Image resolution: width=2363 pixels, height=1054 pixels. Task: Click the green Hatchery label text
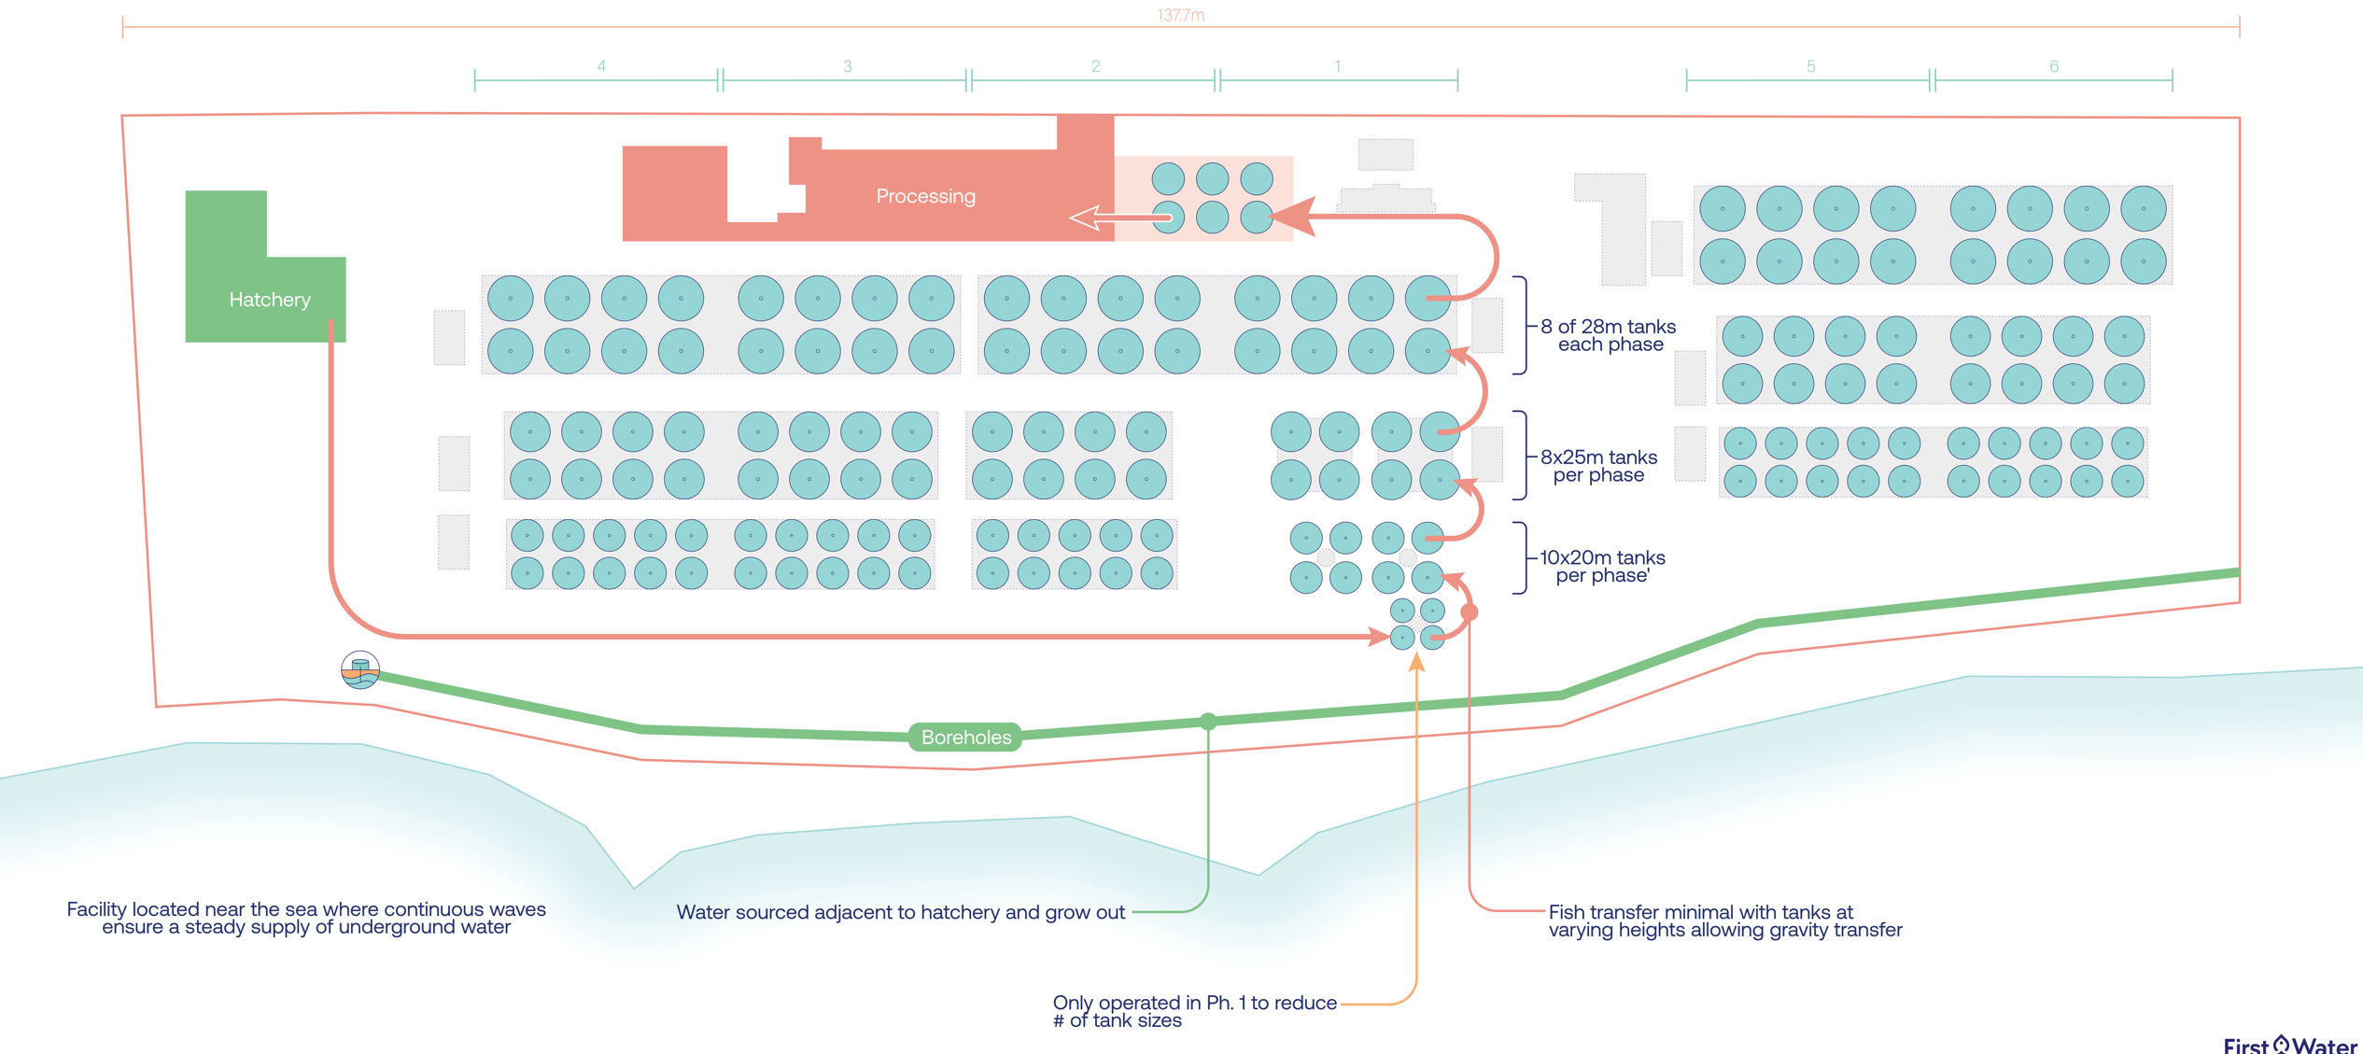coord(270,300)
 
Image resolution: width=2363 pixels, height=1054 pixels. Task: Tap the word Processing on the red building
coord(925,196)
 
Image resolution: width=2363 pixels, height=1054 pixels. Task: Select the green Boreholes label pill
coord(965,738)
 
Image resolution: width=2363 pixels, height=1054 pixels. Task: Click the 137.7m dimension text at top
coord(1180,15)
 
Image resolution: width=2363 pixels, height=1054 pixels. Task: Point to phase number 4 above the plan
coord(601,66)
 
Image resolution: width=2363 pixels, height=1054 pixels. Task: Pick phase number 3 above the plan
coord(847,66)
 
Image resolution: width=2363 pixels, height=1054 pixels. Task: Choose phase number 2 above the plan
coord(1095,66)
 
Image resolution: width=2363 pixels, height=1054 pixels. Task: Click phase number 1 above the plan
coord(1337,66)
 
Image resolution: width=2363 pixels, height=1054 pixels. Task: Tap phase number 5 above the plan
coord(1810,66)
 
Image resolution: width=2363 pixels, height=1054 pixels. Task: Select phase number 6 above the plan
coord(2053,66)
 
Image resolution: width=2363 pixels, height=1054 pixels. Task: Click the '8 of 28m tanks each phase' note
coord(1609,335)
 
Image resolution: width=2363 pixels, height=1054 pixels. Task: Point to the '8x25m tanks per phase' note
coord(1598,466)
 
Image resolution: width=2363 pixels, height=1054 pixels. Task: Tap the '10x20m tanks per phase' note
coord(1602,567)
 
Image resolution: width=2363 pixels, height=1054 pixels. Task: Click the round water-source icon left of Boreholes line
coord(360,669)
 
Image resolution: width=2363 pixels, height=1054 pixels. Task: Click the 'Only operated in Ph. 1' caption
coord(1194,1011)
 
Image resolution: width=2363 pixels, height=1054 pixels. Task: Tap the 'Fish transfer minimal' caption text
coord(1724,920)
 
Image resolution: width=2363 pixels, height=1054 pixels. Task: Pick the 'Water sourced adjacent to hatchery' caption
coord(900,912)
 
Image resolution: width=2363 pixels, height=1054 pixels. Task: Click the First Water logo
coord(2289,1045)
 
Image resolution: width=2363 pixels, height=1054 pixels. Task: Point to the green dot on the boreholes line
coord(1208,722)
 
